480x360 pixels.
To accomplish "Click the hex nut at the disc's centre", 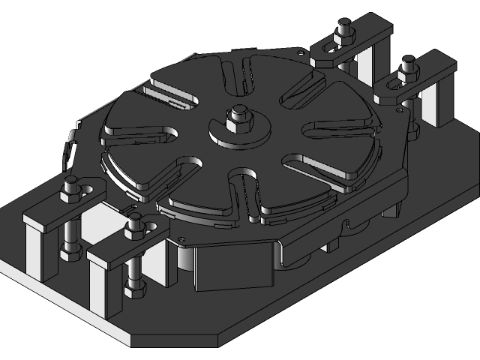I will pos(240,115).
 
